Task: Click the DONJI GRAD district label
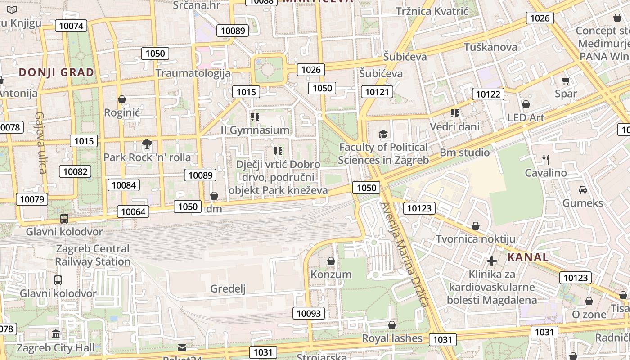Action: pyautogui.click(x=57, y=72)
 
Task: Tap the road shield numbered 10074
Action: pyautogui.click(x=72, y=26)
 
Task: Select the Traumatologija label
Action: pyautogui.click(x=193, y=73)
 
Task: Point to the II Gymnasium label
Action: pyautogui.click(x=255, y=130)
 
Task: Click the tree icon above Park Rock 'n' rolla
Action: pyautogui.click(x=147, y=144)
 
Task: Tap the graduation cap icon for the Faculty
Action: pyautogui.click(x=383, y=134)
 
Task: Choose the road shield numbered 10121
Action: pyautogui.click(x=377, y=92)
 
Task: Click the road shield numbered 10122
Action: pyautogui.click(x=488, y=94)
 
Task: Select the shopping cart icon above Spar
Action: pyautogui.click(x=566, y=81)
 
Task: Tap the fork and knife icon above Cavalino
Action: pyautogui.click(x=546, y=159)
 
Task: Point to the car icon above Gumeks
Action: pyautogui.click(x=583, y=189)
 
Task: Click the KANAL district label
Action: pyautogui.click(x=528, y=257)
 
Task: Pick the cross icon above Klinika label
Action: pyautogui.click(x=492, y=261)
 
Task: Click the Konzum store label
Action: pyautogui.click(x=331, y=274)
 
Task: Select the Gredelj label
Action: pyautogui.click(x=228, y=288)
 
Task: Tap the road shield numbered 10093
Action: pyautogui.click(x=309, y=313)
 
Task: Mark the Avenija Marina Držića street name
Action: pyautogui.click(x=404, y=255)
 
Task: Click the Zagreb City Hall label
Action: pyautogui.click(x=56, y=347)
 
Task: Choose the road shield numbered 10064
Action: pyautogui.click(x=133, y=211)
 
